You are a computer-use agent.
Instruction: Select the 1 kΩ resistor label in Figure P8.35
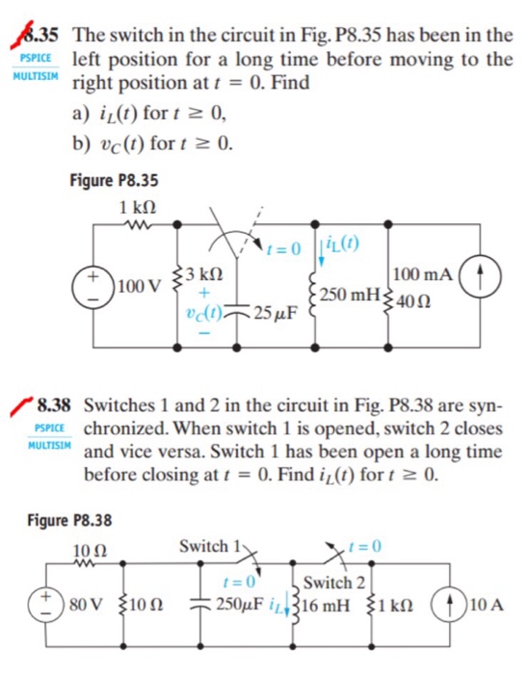(x=138, y=209)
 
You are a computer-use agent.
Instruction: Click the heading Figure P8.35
(x=115, y=179)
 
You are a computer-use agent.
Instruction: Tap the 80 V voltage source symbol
(x=44, y=606)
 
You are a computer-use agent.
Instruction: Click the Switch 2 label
(x=333, y=582)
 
